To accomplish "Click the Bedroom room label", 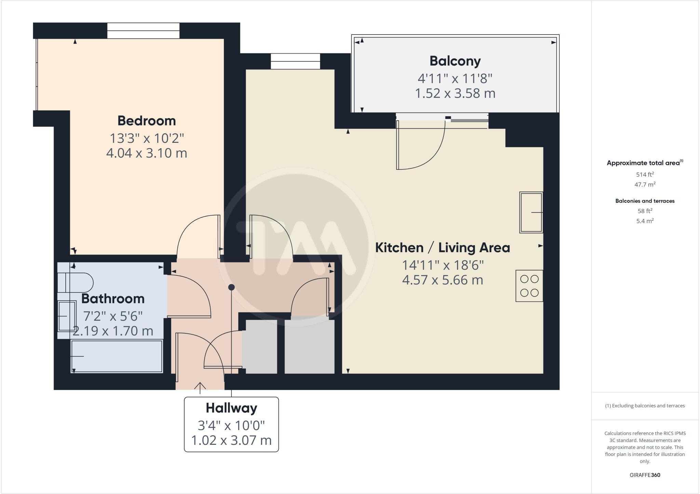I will (x=147, y=121).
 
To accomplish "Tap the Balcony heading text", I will (x=455, y=61).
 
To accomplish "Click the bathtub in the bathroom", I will (x=117, y=356).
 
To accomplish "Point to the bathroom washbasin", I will (x=67, y=316).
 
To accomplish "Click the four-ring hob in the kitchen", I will (x=529, y=286).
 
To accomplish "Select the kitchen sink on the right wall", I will (x=531, y=212).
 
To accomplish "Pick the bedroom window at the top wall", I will (x=143, y=31).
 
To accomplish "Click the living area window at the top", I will (x=296, y=61).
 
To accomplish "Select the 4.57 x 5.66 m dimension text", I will (x=443, y=280).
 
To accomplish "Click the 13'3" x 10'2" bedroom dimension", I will (x=147, y=138).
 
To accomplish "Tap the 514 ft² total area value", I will (x=645, y=175).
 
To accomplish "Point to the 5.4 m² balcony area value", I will (x=645, y=221).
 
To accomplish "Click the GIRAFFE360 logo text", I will (x=645, y=475).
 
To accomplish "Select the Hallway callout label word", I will (x=231, y=408).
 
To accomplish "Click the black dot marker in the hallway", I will (x=231, y=287).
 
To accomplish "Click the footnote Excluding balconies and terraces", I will (x=645, y=406).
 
